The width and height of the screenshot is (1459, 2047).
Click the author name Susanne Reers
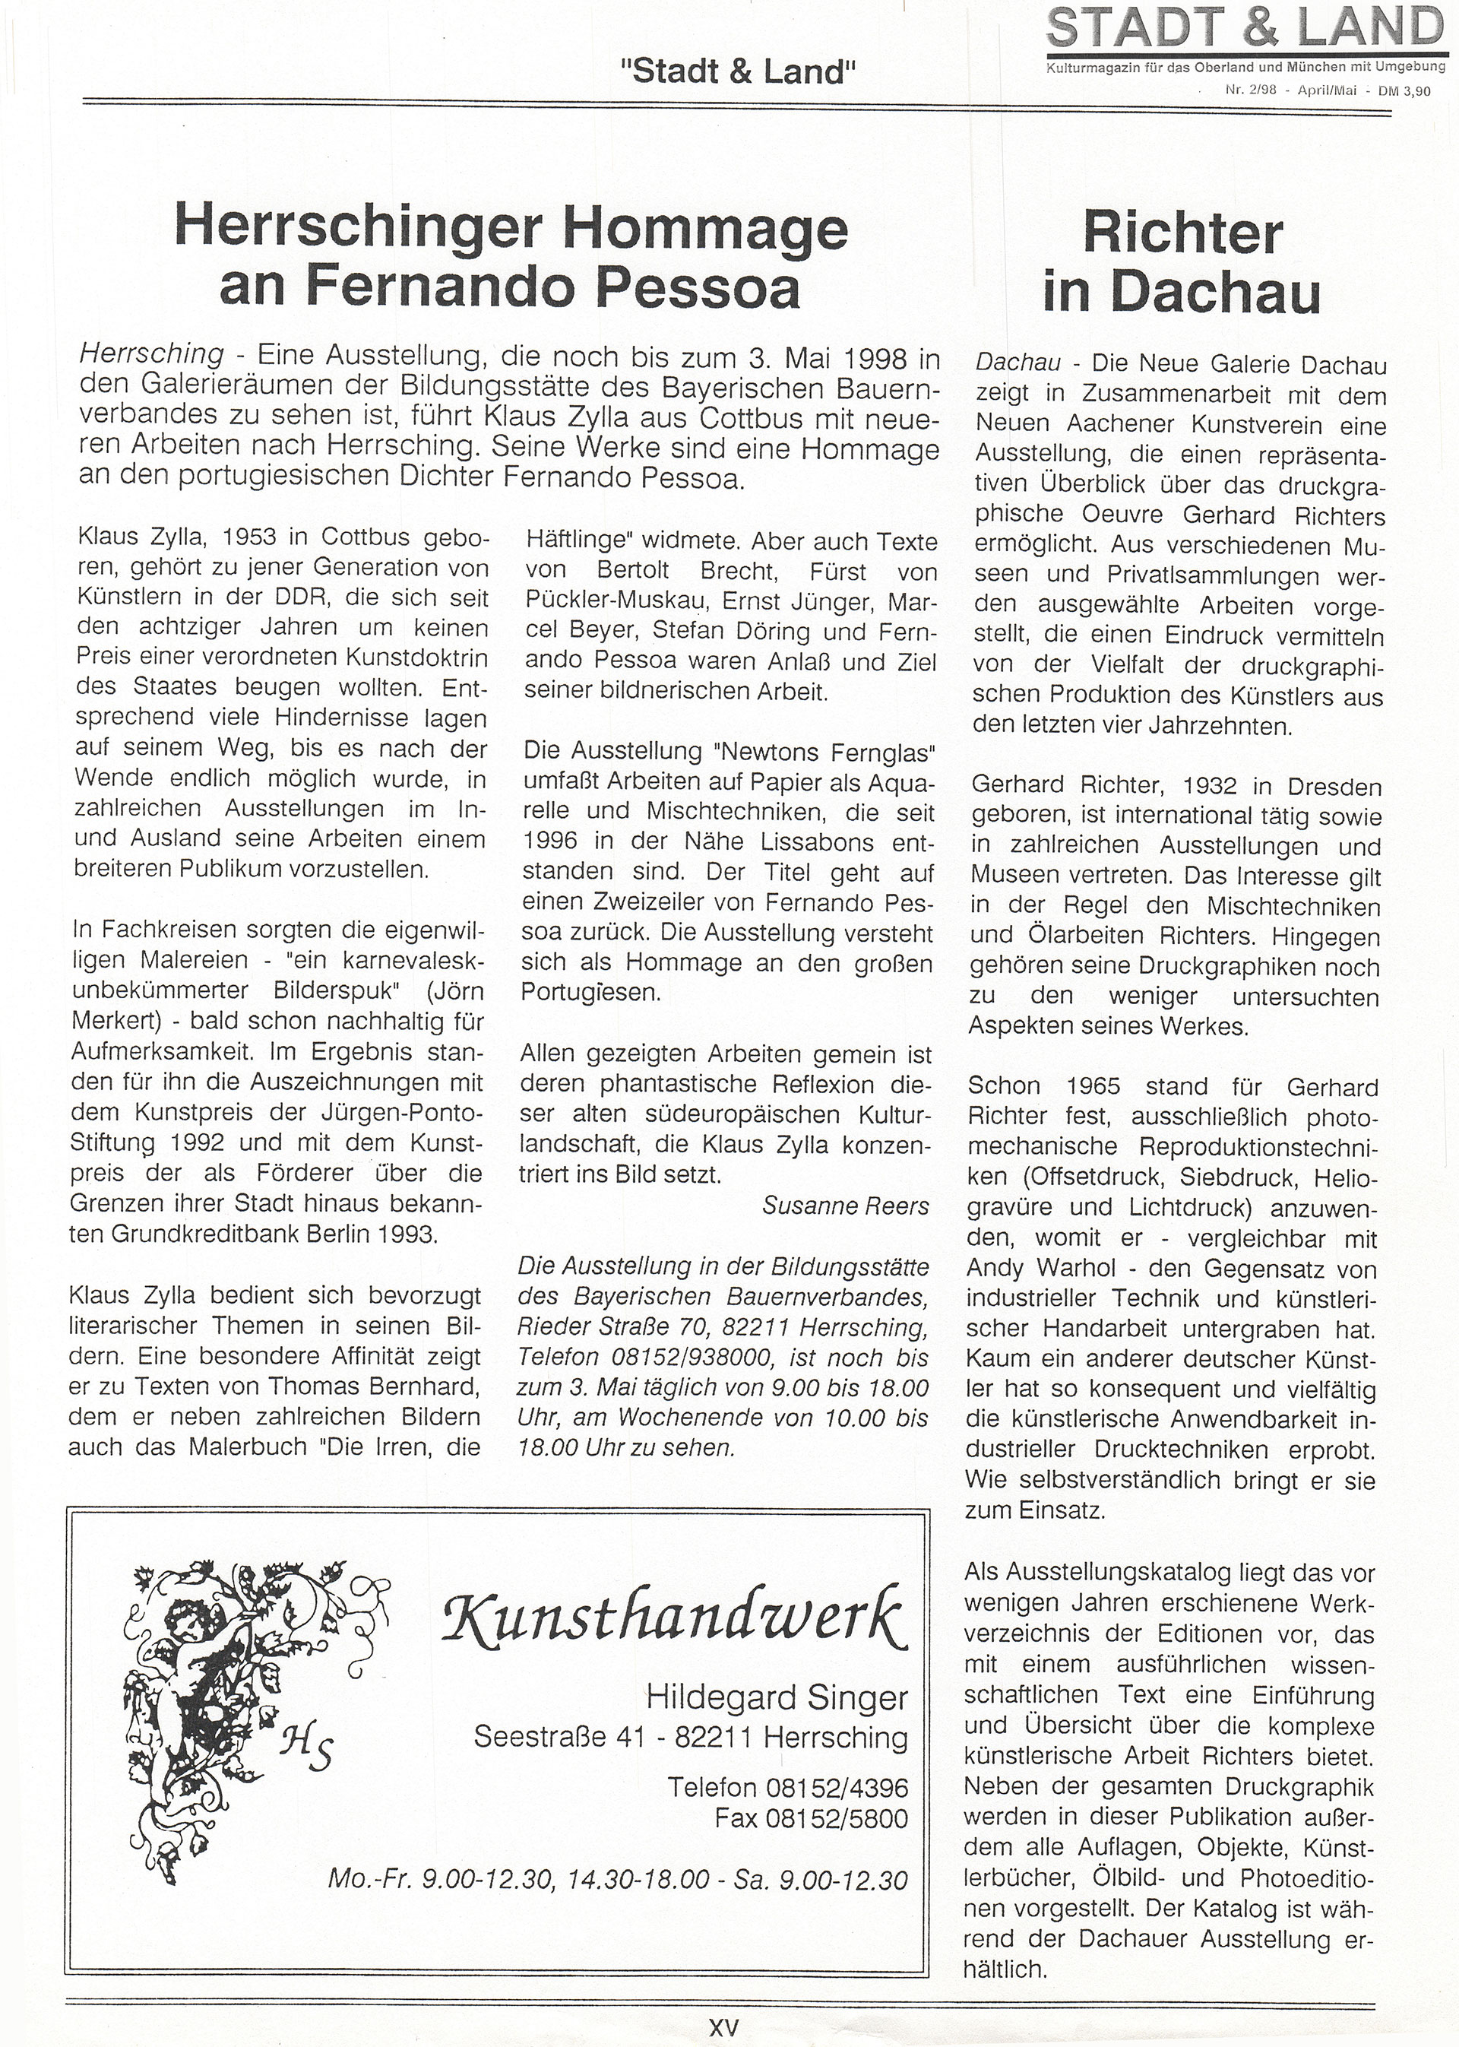coord(846,1206)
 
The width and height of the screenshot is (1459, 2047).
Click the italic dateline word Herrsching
coord(152,354)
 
